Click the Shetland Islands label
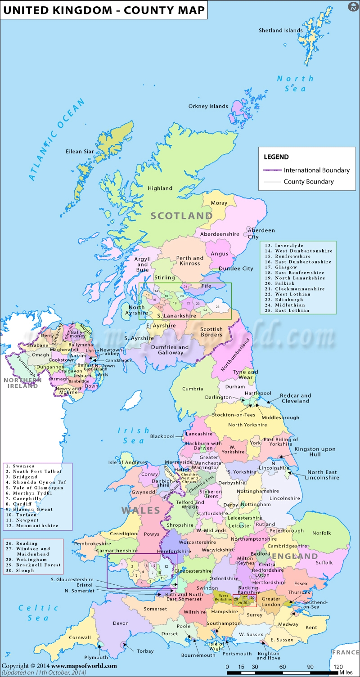[x=280, y=31]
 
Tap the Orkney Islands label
[x=208, y=107]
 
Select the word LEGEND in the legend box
[x=276, y=157]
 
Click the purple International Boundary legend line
[x=272, y=170]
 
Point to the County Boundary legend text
[x=309, y=182]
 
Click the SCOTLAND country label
[x=181, y=216]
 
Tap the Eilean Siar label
[x=80, y=152]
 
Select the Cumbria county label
[x=193, y=389]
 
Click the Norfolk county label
[x=322, y=533]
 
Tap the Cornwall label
[x=80, y=637]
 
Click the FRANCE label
[x=346, y=652]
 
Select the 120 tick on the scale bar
[x=338, y=667]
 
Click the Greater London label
[x=271, y=601]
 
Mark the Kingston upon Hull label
[x=315, y=452]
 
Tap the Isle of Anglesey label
[x=128, y=462]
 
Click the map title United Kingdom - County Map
[x=103, y=9]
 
